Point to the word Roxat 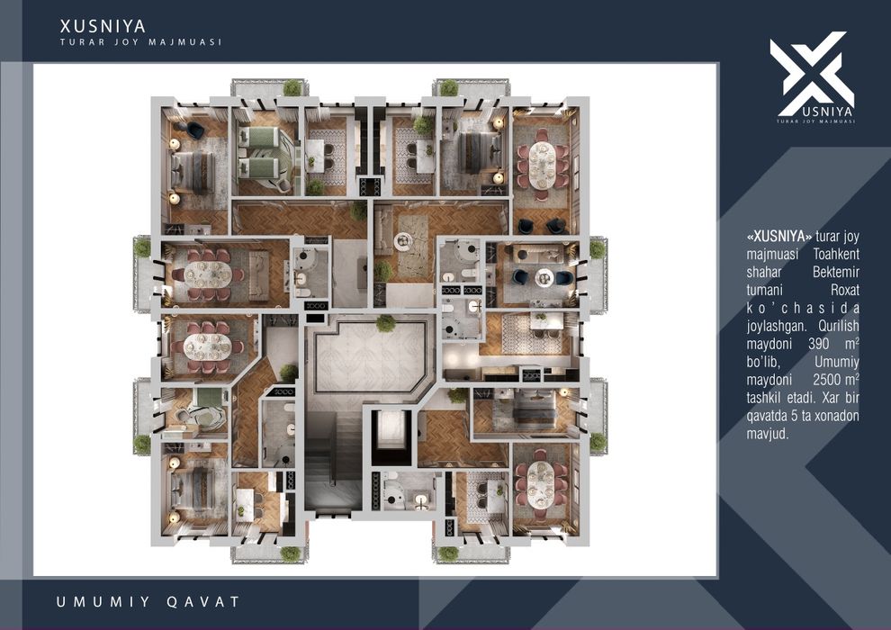tap(844, 290)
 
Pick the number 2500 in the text tap(828, 380)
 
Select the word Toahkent tap(836, 254)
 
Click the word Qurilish tap(840, 326)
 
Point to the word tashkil tap(763, 398)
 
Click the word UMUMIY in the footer tap(103, 601)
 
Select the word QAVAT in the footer tap(202, 601)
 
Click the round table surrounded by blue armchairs tap(544, 276)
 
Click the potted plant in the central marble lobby tap(386, 323)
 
